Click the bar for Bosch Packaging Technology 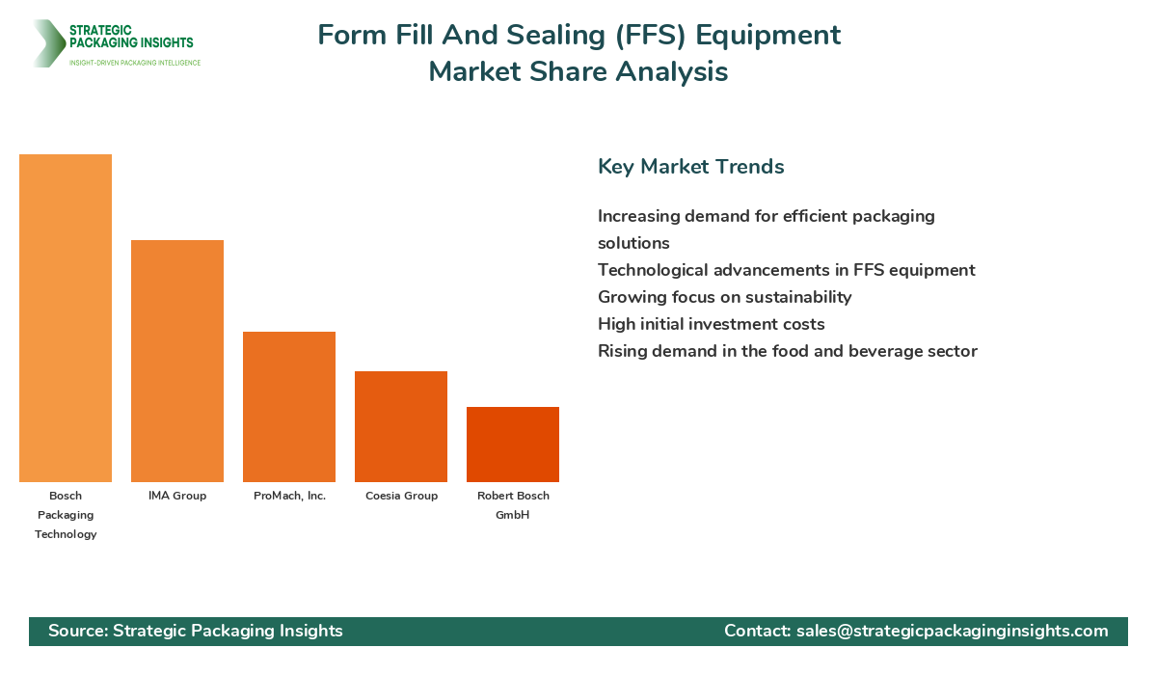pos(66,318)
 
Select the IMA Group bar pos(177,361)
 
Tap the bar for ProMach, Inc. pos(289,407)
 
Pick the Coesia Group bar pos(401,426)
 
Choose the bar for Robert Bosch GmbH pos(513,445)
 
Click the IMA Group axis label pos(177,496)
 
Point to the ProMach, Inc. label pos(289,496)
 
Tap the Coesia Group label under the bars pos(401,496)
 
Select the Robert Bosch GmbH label pos(513,505)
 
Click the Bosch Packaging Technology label pos(66,515)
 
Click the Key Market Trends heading pos(690,167)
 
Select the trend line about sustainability pos(724,297)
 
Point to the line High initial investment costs pos(711,324)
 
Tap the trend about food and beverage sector pos(787,351)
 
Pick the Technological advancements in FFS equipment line pos(786,270)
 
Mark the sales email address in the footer pos(952,631)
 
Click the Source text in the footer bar pos(196,631)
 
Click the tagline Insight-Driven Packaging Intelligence pos(134,63)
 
